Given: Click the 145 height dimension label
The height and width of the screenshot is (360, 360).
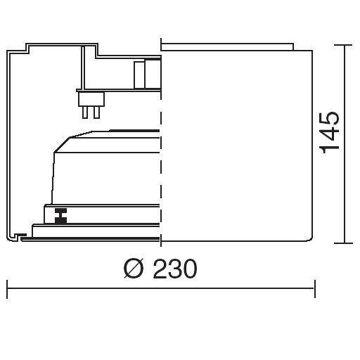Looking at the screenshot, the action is pyautogui.click(x=330, y=133).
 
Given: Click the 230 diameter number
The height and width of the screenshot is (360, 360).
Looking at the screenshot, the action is pyautogui.click(x=175, y=269).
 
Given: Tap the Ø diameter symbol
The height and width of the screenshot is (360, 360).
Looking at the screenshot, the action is pyautogui.click(x=133, y=269).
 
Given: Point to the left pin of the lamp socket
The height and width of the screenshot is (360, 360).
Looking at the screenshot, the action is pyautogui.click(x=85, y=112).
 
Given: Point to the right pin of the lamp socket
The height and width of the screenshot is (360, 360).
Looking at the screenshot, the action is pyautogui.click(x=96, y=112).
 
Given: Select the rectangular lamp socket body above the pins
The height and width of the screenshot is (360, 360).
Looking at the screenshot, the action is pyautogui.click(x=91, y=99).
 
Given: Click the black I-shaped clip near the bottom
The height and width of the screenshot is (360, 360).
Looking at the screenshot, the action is pyautogui.click(x=60, y=216).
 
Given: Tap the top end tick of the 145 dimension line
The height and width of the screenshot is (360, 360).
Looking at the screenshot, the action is pyautogui.click(x=345, y=45).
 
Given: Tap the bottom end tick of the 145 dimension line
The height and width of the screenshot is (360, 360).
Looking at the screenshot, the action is pyautogui.click(x=344, y=243).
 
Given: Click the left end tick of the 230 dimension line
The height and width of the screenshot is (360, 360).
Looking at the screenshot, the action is pyautogui.click(x=7, y=289).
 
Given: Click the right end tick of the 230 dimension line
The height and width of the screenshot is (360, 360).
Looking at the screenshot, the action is pyautogui.click(x=315, y=289).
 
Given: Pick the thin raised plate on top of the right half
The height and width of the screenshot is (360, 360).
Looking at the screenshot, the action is pyautogui.click(x=227, y=46).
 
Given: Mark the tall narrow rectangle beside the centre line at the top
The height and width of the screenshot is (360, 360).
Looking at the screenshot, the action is pyautogui.click(x=139, y=75).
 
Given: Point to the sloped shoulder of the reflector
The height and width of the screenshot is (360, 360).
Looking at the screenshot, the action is pyautogui.click(x=62, y=145).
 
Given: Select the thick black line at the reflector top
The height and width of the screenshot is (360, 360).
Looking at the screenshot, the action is pyautogui.click(x=134, y=131).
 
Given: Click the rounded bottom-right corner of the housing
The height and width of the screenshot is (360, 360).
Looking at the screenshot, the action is pyautogui.click(x=310, y=238).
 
